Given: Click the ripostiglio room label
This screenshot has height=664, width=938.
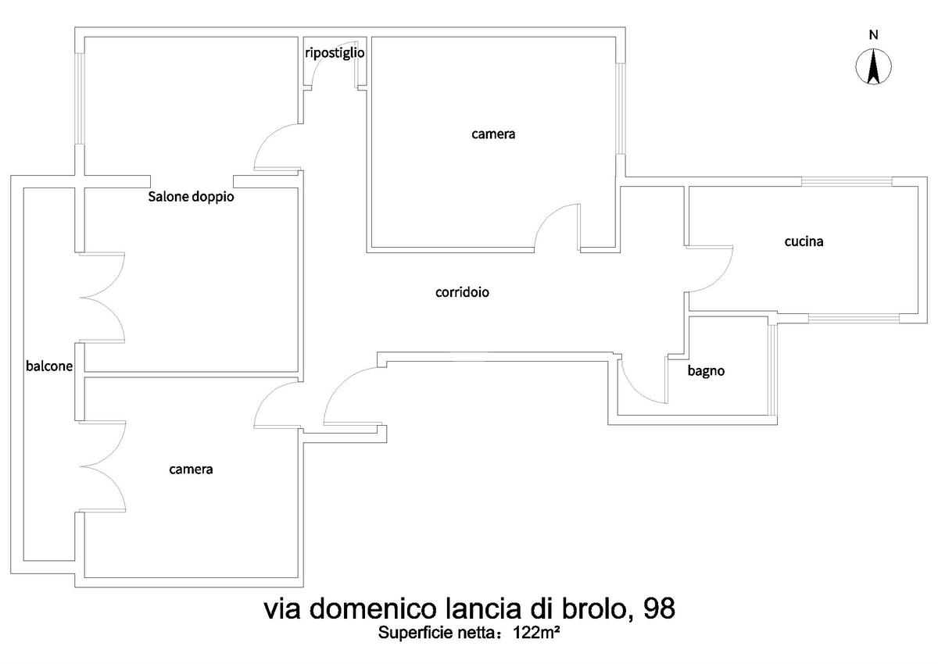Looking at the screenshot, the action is pyautogui.click(x=335, y=53).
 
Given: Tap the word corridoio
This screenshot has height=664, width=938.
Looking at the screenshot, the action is pyautogui.click(x=462, y=292).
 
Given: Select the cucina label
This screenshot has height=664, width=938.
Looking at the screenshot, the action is pyautogui.click(x=804, y=241).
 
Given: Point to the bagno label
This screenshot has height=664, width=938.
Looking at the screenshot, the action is pyautogui.click(x=706, y=371).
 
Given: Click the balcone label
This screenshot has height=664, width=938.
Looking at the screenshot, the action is pyautogui.click(x=49, y=366).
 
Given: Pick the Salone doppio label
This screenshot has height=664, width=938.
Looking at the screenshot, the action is pyautogui.click(x=191, y=197).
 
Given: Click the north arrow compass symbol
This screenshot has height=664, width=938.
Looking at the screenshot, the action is pyautogui.click(x=873, y=66).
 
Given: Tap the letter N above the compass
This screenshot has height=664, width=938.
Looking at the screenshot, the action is pyautogui.click(x=874, y=35).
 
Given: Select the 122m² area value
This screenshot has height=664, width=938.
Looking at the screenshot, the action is pyautogui.click(x=536, y=633).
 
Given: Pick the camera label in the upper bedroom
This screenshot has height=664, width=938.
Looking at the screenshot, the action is pyautogui.click(x=493, y=134).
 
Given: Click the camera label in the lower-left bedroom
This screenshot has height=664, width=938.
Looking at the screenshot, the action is pyautogui.click(x=191, y=469).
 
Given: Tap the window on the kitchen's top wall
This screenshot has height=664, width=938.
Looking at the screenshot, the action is pyautogui.click(x=847, y=181).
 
